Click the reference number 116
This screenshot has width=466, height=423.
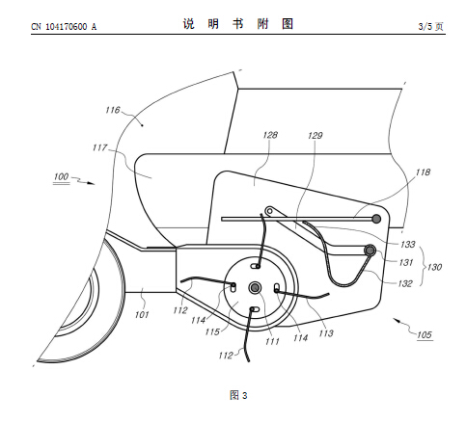(113, 110)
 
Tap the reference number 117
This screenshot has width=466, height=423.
(99, 147)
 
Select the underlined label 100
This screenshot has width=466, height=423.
(61, 176)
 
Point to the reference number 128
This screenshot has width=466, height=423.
(270, 135)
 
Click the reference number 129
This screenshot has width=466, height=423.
(315, 136)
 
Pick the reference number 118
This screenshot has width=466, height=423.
(423, 172)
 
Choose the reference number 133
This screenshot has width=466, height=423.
(408, 245)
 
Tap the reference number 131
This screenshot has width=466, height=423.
(406, 262)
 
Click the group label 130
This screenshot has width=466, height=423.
(434, 267)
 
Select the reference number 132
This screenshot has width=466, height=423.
(405, 283)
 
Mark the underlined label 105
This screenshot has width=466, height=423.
(425, 335)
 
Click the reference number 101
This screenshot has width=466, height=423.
(142, 314)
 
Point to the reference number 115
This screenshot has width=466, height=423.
(212, 331)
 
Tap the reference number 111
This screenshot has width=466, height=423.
(272, 341)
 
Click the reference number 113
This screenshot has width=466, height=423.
(326, 333)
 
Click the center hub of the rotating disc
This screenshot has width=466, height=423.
(255, 287)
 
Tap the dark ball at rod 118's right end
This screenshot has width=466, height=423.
(376, 219)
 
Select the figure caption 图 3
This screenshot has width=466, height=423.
(238, 395)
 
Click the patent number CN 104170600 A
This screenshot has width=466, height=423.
(64, 27)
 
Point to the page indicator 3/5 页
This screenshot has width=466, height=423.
(430, 26)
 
